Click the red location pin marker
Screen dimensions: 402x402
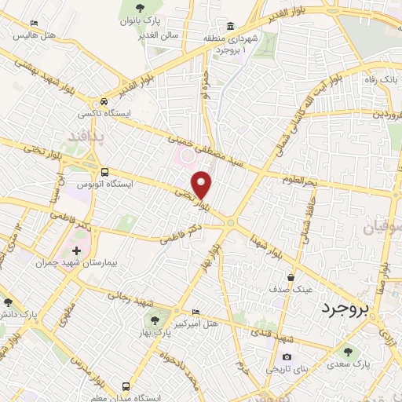(x=203, y=184)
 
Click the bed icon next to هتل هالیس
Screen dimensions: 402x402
(x=33, y=24)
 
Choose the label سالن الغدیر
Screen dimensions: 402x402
(x=161, y=35)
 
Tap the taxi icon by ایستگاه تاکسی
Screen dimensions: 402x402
(x=104, y=102)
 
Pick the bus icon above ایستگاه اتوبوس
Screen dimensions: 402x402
(x=104, y=172)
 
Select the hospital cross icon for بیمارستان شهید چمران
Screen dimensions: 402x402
(x=76, y=250)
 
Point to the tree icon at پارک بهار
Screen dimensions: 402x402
(x=155, y=320)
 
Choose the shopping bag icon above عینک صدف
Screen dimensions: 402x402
(x=291, y=276)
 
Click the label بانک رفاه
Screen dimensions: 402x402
(x=380, y=79)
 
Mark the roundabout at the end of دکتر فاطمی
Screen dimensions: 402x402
(x=231, y=223)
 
